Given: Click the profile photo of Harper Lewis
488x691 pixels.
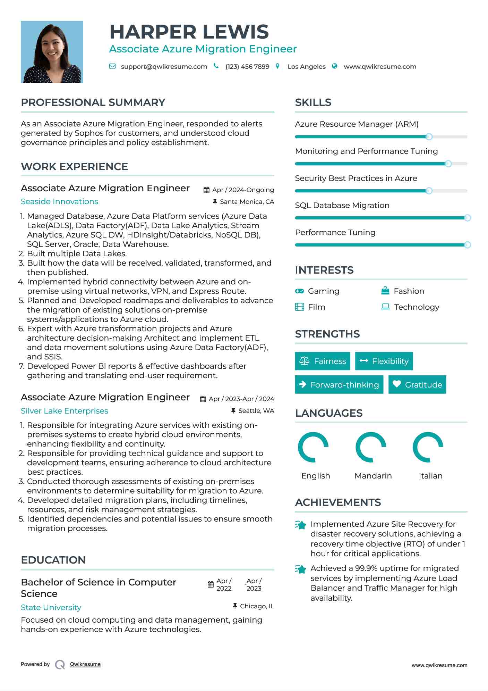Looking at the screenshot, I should (x=52, y=52).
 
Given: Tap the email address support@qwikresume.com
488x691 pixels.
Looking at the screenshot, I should (x=164, y=67).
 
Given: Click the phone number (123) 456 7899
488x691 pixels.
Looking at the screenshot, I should (x=247, y=67).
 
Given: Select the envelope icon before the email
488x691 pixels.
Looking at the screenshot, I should (x=112, y=66).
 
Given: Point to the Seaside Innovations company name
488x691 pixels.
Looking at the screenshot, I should (x=59, y=201).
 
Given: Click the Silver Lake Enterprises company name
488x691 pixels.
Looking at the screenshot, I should (x=65, y=411).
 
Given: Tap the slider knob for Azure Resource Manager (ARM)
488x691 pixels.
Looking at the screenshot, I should (x=429, y=137).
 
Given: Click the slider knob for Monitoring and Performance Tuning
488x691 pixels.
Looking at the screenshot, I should (x=448, y=164).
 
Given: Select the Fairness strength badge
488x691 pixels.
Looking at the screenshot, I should (x=323, y=361).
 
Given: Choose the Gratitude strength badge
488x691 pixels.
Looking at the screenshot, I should (x=417, y=385).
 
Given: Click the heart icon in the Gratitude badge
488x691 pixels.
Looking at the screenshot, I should (x=397, y=384).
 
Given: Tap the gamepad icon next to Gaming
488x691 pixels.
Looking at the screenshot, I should (x=299, y=291).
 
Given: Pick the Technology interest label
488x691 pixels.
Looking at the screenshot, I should (x=417, y=307).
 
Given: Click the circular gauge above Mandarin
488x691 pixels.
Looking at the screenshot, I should (x=371, y=447).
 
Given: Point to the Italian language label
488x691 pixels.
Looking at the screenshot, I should (x=430, y=476).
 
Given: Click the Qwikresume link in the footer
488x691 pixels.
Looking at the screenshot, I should (x=85, y=664).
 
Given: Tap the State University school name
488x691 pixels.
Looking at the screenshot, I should (x=51, y=607).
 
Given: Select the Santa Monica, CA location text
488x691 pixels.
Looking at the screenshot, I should (x=247, y=202).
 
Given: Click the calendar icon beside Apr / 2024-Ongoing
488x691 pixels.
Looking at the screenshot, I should (x=206, y=190).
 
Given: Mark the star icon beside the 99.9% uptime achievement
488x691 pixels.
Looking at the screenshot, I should (x=301, y=569).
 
